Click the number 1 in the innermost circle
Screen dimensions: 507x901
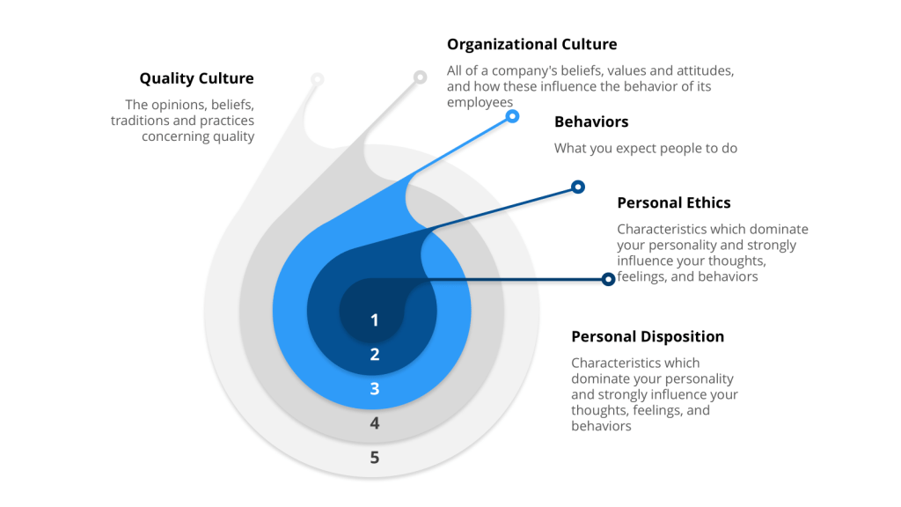(x=375, y=320)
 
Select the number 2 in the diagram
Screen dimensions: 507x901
(x=375, y=355)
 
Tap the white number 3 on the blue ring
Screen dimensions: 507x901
(x=375, y=389)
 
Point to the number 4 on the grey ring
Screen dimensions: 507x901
(x=375, y=423)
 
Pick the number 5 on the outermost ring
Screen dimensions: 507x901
(x=375, y=458)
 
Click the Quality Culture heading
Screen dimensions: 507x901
(x=196, y=79)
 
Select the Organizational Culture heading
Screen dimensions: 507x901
(x=531, y=44)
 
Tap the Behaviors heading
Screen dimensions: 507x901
(x=591, y=121)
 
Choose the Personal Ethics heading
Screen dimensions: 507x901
(x=673, y=202)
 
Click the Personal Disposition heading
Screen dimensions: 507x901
(x=648, y=336)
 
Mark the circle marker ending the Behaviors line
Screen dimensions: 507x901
(x=513, y=116)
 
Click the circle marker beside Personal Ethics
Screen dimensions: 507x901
(x=578, y=187)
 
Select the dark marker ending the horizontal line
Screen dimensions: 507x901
(x=608, y=279)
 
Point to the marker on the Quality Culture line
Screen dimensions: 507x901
(x=318, y=79)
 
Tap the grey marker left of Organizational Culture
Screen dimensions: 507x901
(x=421, y=77)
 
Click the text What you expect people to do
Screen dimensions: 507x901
(x=645, y=149)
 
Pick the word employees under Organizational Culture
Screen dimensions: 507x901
(x=480, y=102)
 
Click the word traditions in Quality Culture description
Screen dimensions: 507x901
(x=140, y=121)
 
